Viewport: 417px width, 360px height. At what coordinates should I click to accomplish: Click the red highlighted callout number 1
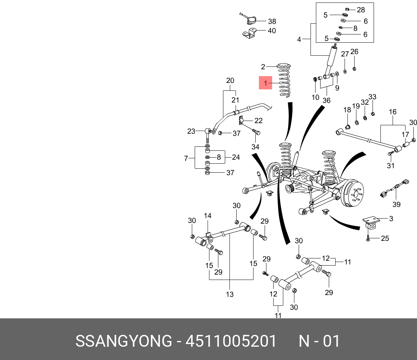[x=265, y=83]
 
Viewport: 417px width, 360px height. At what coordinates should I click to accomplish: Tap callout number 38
[x=272, y=21]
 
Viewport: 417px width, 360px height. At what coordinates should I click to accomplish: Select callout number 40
[x=271, y=31]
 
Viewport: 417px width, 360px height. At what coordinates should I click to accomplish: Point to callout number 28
[x=361, y=10]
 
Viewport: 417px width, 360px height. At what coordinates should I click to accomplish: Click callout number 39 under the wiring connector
[x=396, y=204]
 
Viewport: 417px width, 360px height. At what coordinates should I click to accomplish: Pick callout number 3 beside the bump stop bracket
[x=391, y=219]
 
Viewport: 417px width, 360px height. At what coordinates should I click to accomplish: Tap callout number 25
[x=385, y=238]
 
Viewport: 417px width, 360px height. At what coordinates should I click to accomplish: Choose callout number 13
[x=230, y=294]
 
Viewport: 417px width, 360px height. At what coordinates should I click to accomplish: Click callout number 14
[x=208, y=216]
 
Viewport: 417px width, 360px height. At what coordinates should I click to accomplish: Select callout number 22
[x=258, y=121]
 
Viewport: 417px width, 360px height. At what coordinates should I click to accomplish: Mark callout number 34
[x=255, y=147]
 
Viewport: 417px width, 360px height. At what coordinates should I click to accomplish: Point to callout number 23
[x=191, y=131]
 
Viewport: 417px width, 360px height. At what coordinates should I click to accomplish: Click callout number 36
[x=326, y=100]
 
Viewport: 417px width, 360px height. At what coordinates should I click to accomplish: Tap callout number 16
[x=393, y=112]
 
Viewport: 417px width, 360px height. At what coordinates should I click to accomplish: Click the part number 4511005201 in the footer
[x=231, y=341]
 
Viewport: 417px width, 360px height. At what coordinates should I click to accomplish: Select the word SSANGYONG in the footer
[x=124, y=341]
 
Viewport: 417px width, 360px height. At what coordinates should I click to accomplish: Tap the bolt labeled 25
[x=368, y=238]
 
